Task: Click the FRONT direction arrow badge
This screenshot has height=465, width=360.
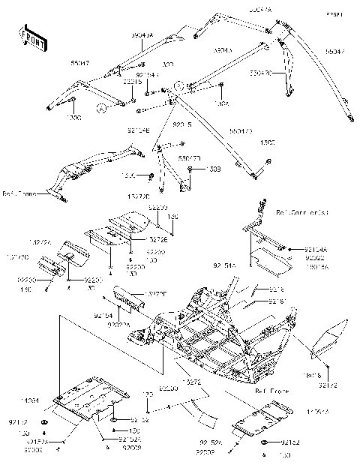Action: coord(30,39)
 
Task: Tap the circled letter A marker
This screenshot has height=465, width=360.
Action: coord(101,109)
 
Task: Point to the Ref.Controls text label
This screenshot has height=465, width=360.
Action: coord(302,213)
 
